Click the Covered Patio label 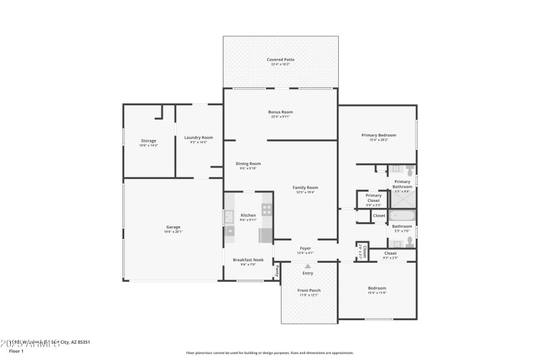pos(280,59)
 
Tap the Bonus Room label pos(281,112)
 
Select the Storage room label pos(148,140)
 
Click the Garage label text pos(173,227)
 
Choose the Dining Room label pos(248,163)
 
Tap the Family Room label pos(305,188)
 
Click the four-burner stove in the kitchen pos(267,209)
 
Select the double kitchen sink pos(229,217)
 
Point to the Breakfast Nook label pos(248,260)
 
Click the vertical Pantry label pos(277,271)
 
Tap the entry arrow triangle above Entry pos(308,265)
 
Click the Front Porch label pos(309,290)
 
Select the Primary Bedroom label pos(379,135)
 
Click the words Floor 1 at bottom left pos(16,351)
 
